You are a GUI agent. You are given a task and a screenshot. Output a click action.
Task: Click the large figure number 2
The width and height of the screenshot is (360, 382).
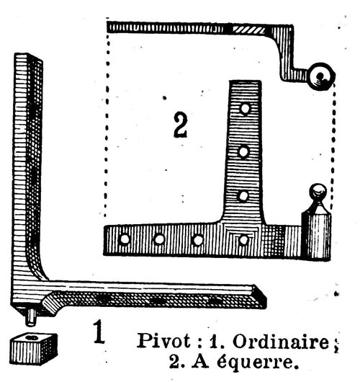pos(181,125)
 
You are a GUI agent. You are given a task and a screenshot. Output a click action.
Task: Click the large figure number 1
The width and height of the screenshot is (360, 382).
pos(99,332)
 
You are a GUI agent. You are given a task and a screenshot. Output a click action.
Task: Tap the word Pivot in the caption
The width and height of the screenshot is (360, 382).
pos(164,341)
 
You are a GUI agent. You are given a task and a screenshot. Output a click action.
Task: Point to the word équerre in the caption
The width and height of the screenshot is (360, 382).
pos(258,363)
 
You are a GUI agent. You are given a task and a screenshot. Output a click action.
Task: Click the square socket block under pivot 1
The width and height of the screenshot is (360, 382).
pos(34,350)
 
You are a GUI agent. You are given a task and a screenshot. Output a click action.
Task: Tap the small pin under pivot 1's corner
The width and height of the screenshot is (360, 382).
pos(31,318)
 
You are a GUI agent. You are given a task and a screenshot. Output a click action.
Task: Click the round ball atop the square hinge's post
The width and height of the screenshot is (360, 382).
pos(318,190)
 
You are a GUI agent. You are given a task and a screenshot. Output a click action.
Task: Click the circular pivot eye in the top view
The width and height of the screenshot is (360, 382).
pos(320,76)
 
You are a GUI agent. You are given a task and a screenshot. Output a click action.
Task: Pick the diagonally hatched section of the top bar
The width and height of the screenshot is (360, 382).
pos(248,30)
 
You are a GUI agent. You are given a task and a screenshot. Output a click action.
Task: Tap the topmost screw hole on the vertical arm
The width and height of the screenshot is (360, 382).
pos(245,109)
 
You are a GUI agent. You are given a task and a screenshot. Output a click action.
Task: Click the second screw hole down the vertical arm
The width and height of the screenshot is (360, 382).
pos(243,151)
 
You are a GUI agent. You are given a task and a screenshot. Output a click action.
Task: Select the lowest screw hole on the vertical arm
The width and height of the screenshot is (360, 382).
pos(243,196)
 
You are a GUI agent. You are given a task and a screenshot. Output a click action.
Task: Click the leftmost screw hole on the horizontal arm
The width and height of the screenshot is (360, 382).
pos(124,239)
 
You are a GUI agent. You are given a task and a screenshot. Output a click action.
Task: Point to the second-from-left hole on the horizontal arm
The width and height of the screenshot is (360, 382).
pos(159,239)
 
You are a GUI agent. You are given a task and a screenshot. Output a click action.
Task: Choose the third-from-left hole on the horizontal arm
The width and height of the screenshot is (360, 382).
pos(198,240)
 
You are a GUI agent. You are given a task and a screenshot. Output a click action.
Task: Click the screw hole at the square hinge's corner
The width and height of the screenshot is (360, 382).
pos(243,240)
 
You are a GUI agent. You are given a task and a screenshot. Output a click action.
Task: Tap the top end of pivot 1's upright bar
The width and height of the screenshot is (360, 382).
pos(28,56)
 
